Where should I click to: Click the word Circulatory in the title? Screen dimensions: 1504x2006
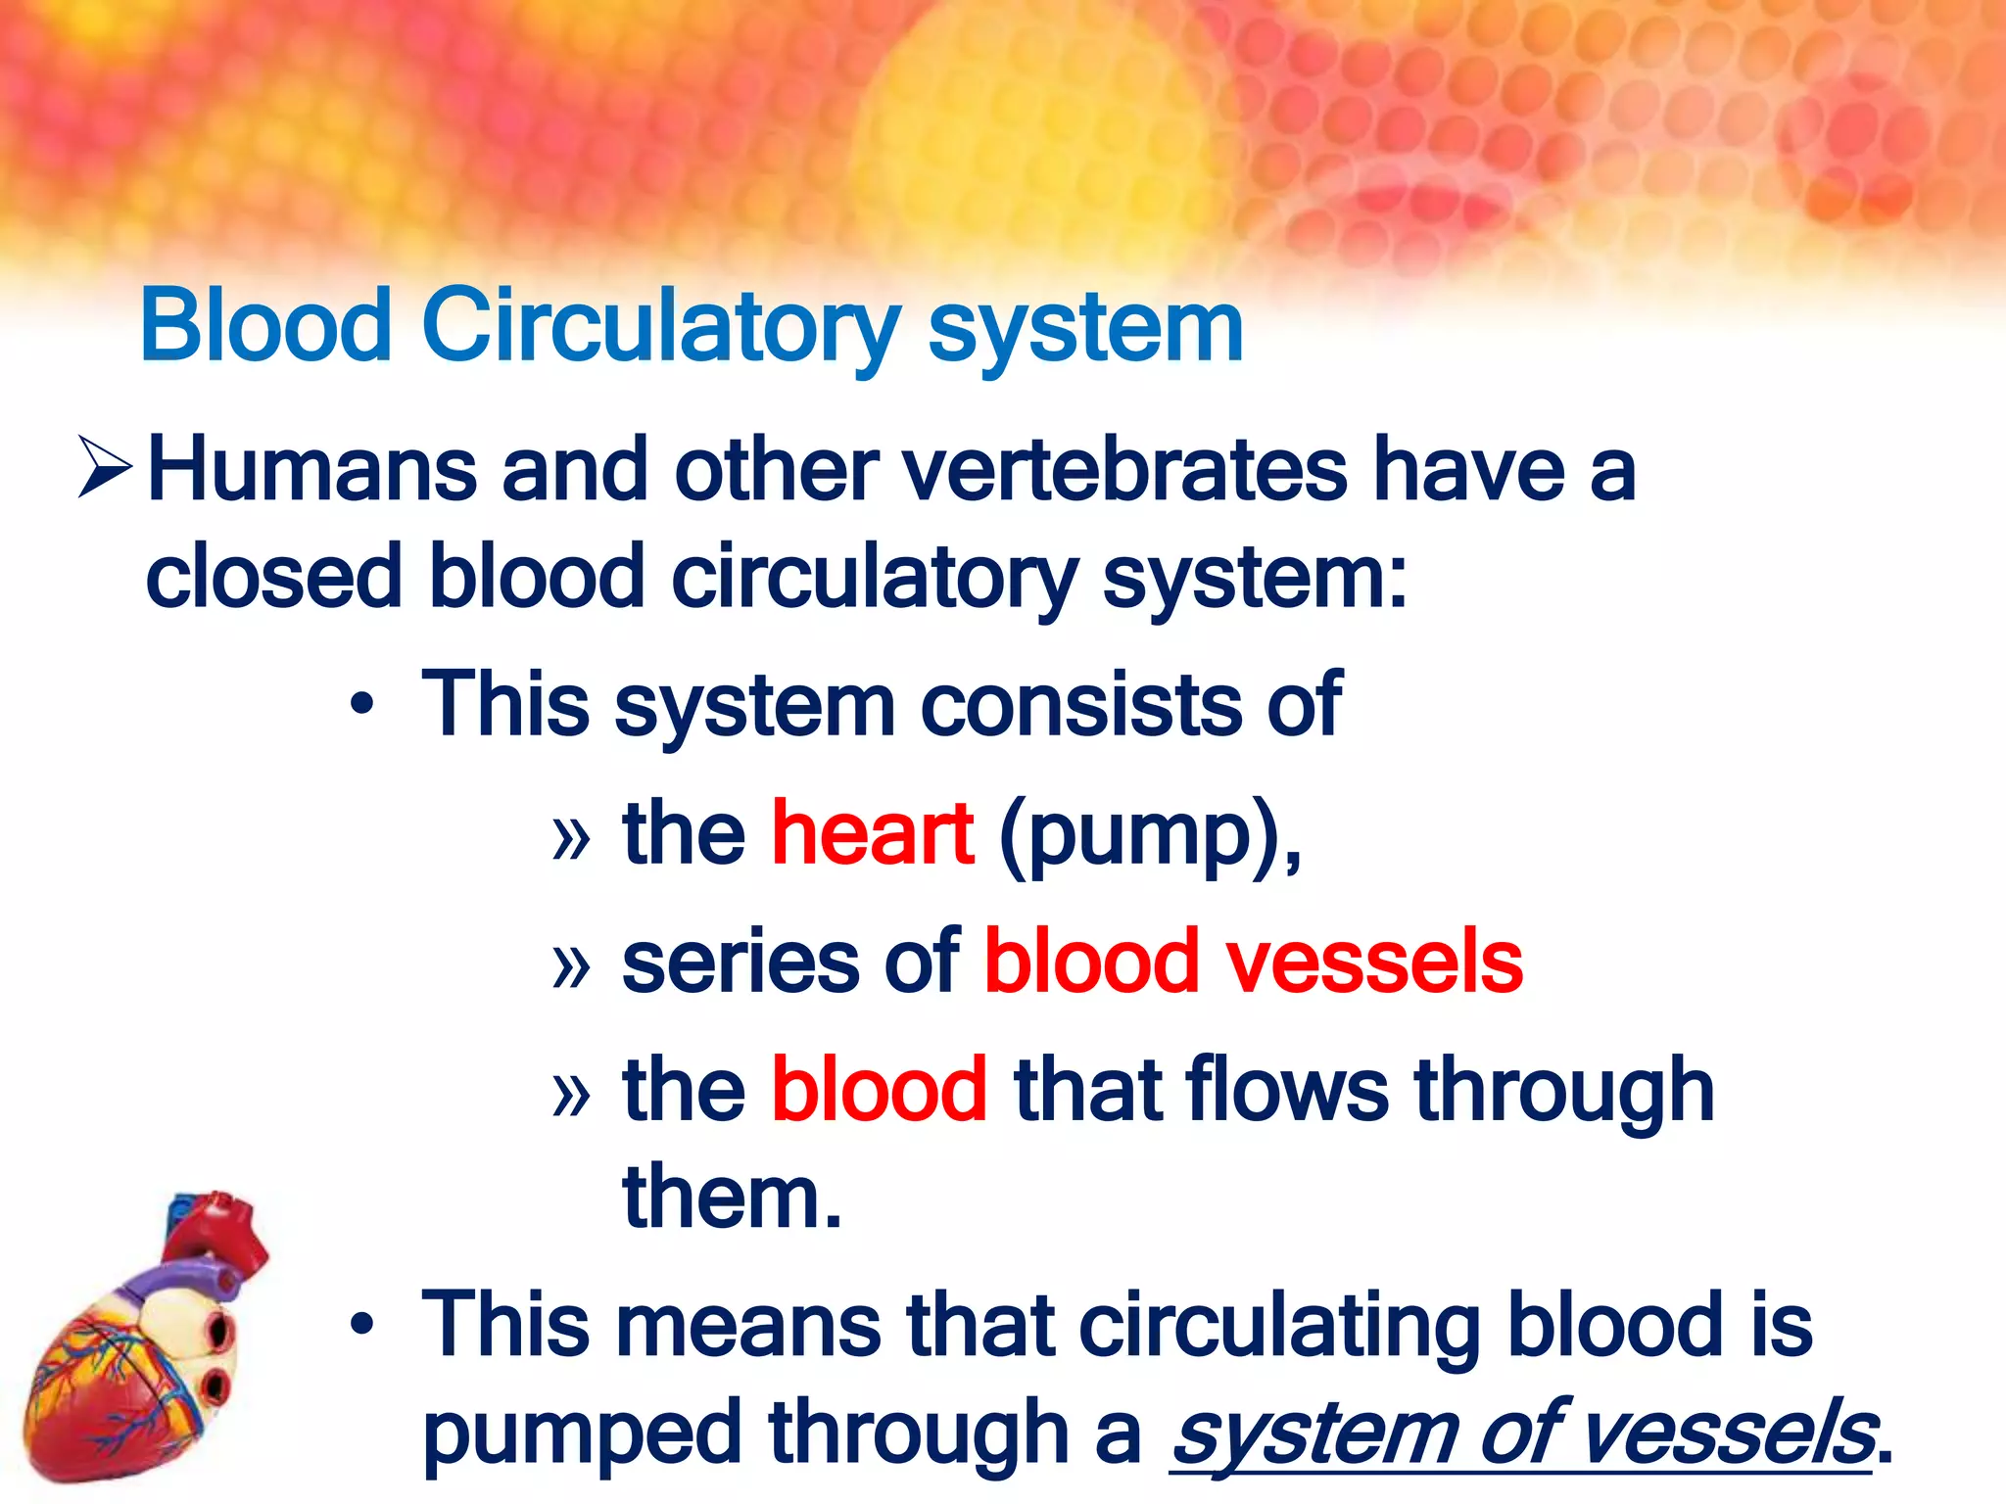coord(659,326)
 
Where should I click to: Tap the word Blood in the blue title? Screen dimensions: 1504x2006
coord(266,326)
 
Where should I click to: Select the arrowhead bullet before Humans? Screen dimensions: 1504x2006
coord(105,468)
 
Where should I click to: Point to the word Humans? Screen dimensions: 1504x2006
coord(311,472)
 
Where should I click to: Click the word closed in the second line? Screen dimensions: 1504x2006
coord(273,578)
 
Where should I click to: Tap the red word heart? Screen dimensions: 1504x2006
coord(872,833)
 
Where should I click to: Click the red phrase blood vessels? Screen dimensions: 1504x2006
coord(1253,962)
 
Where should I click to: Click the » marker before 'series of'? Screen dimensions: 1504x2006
coord(571,964)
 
